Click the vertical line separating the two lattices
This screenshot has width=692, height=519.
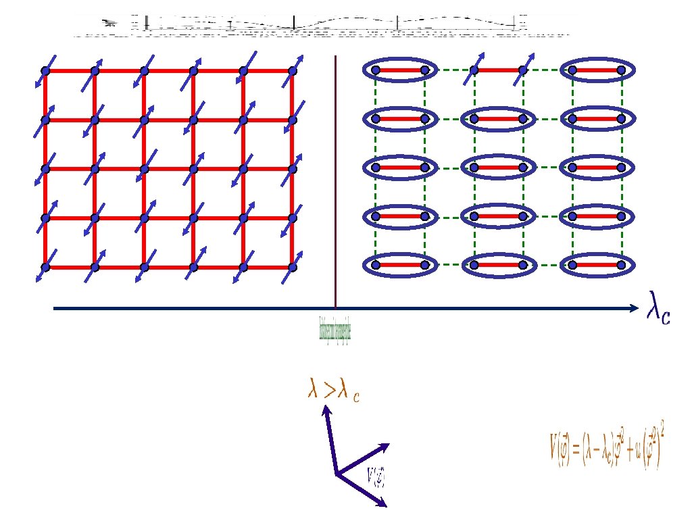(335, 182)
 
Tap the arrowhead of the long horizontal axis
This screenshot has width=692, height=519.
(633, 309)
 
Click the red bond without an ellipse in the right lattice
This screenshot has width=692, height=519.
(498, 70)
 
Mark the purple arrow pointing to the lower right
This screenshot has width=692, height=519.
(363, 490)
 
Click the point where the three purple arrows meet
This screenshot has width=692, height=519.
(337, 474)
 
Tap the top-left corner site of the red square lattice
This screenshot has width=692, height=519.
(45, 70)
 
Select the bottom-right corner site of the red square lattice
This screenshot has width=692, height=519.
(293, 267)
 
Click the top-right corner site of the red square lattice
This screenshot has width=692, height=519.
(293, 70)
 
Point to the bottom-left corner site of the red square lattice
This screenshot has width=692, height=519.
(45, 267)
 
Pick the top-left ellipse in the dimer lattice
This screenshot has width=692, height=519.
(400, 69)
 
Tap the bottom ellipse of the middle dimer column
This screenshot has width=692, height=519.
(498, 265)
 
